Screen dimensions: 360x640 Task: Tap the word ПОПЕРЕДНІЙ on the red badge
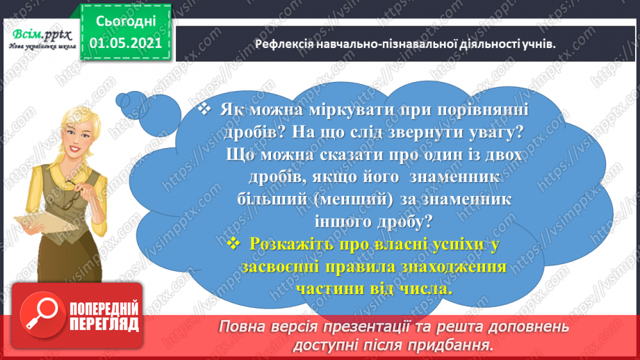tap(105, 306)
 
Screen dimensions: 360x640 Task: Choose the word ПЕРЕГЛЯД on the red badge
tap(105, 325)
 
